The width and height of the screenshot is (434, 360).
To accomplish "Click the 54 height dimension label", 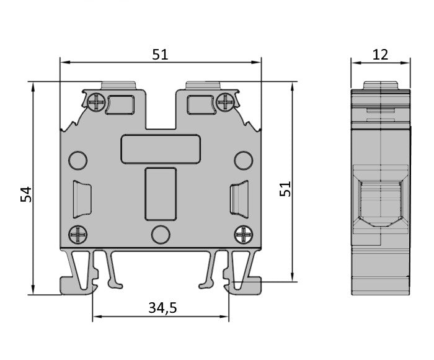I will tap(25, 194).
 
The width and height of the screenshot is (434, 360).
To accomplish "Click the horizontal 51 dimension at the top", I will tap(160, 54).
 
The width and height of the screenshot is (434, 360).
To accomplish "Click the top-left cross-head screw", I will tap(95, 101).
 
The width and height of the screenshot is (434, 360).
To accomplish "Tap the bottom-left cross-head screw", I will tap(79, 234).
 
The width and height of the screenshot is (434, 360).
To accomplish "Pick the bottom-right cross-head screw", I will tap(242, 234).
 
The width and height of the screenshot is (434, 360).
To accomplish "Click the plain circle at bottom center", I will tap(161, 235).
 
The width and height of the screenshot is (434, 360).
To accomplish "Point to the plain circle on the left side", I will tap(77, 161).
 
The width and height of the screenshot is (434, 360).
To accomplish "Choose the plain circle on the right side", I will tap(243, 161).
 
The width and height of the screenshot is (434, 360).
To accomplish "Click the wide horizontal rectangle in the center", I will tap(161, 149).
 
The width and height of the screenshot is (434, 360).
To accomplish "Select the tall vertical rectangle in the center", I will tap(161, 194).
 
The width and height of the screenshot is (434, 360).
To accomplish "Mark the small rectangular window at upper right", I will tap(200, 104).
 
